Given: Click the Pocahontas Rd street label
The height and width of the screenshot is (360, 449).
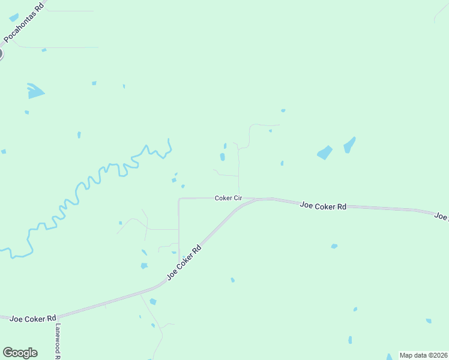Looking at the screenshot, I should [x=24, y=25].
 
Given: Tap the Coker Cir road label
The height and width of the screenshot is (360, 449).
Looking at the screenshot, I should [x=228, y=198].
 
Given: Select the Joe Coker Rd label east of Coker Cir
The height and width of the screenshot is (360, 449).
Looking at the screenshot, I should [x=324, y=206].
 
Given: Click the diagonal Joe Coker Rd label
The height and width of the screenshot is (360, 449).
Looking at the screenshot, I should [x=184, y=262].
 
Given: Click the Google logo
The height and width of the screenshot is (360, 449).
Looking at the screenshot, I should [x=20, y=353].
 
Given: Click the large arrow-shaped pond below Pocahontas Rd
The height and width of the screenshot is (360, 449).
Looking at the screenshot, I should [x=35, y=91].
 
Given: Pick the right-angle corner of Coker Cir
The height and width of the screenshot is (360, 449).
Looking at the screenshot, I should [x=179, y=198].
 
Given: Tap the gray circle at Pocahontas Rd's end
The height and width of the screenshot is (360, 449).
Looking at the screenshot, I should [x=1, y=54].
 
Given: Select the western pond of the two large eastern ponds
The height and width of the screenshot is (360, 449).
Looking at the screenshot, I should [x=324, y=152].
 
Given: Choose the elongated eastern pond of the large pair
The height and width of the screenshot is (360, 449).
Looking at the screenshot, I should [x=349, y=145].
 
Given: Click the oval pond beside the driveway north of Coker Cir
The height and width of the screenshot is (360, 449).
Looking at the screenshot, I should [x=222, y=157].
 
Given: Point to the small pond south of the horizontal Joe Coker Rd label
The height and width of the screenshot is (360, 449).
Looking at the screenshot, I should [x=334, y=246].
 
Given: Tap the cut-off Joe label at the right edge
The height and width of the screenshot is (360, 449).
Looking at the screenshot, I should [x=442, y=217].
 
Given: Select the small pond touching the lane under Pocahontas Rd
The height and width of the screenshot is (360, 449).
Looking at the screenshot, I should [x=44, y=50].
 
